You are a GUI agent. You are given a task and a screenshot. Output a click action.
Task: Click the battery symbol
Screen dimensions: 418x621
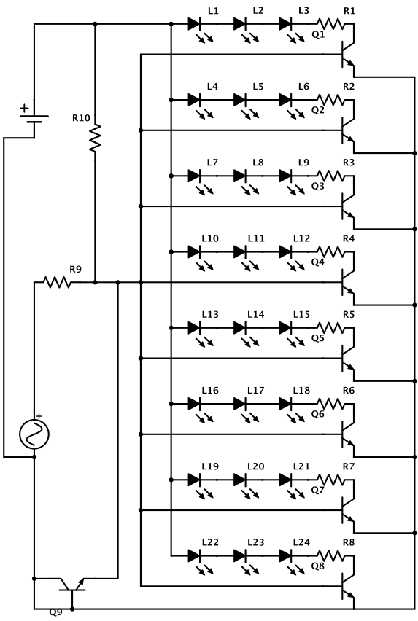click(34, 119)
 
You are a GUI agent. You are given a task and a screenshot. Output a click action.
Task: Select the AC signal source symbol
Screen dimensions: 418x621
click(34, 434)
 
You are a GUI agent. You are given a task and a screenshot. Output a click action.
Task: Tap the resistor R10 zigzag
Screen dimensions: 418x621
click(95, 138)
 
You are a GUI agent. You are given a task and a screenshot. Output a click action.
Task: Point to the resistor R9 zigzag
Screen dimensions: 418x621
click(58, 282)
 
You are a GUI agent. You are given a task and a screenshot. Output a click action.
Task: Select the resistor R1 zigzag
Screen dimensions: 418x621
click(330, 24)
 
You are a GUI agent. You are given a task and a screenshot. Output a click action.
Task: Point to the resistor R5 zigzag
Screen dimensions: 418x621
click(330, 327)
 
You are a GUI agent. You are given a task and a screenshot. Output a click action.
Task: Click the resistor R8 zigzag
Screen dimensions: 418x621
click(330, 555)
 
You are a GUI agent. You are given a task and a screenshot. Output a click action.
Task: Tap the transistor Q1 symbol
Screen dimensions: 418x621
click(348, 54)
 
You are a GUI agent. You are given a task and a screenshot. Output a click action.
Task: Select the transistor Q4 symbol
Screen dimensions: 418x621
click(348, 282)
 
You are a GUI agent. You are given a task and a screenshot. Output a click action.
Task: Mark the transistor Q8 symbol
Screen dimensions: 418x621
click(348, 586)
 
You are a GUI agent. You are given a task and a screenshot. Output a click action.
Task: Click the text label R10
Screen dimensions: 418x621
click(81, 117)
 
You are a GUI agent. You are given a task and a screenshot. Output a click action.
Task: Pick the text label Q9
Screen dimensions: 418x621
click(56, 612)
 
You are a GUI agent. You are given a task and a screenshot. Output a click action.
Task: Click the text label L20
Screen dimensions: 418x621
click(255, 466)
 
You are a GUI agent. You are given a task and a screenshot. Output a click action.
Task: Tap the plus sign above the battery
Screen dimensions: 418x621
click(25, 107)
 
